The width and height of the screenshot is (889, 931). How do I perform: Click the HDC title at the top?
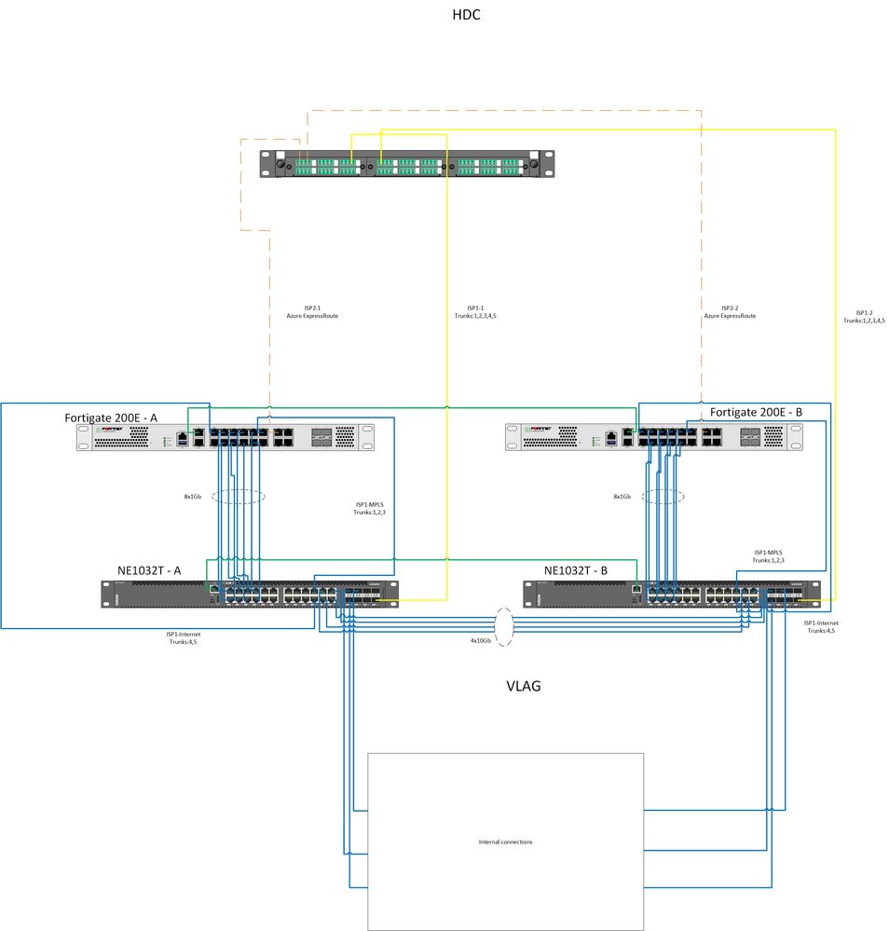pyautogui.click(x=466, y=15)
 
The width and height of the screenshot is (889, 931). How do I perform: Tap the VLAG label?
pyautogui.click(x=523, y=686)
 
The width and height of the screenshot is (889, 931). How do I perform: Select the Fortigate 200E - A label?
pyautogui.click(x=111, y=417)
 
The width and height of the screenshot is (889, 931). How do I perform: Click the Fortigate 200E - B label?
pyautogui.click(x=756, y=411)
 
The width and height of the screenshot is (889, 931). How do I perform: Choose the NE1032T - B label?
pyautogui.click(x=575, y=569)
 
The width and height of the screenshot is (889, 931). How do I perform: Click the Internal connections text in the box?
pyautogui.click(x=505, y=842)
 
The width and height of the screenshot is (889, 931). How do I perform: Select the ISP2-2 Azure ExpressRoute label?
pyautogui.click(x=730, y=312)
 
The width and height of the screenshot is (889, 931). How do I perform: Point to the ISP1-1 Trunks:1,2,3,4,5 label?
pyautogui.click(x=481, y=312)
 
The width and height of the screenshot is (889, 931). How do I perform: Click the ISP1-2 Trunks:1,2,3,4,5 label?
pyautogui.click(x=863, y=316)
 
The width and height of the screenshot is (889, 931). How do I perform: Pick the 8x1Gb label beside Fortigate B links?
pyautogui.click(x=622, y=497)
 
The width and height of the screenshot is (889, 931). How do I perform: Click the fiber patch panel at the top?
pyautogui.click(x=404, y=165)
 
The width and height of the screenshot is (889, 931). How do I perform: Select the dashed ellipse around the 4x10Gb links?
pyautogui.click(x=504, y=626)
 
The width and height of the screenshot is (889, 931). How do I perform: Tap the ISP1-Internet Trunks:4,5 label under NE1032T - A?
pyautogui.click(x=184, y=637)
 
